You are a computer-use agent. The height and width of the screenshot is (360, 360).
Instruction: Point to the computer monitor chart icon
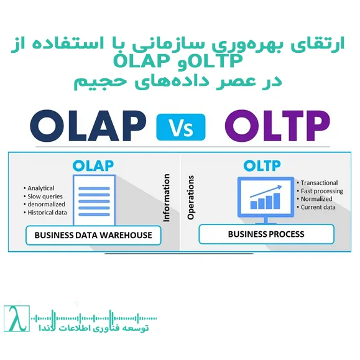click(x=265, y=198)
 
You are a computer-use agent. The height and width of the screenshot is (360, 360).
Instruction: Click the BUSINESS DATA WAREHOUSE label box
click(x=93, y=236)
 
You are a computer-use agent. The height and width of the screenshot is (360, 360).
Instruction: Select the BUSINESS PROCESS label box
click(x=266, y=234)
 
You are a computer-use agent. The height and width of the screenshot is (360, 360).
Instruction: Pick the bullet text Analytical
click(x=41, y=188)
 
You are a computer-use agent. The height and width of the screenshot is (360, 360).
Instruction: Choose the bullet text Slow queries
click(x=43, y=196)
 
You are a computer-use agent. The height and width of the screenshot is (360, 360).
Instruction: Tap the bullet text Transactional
click(x=320, y=183)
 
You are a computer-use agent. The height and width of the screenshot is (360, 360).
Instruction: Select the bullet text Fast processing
click(x=322, y=191)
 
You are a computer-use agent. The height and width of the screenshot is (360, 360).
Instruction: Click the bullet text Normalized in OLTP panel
click(x=317, y=199)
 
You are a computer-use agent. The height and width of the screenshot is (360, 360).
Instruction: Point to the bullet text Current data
click(x=318, y=207)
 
